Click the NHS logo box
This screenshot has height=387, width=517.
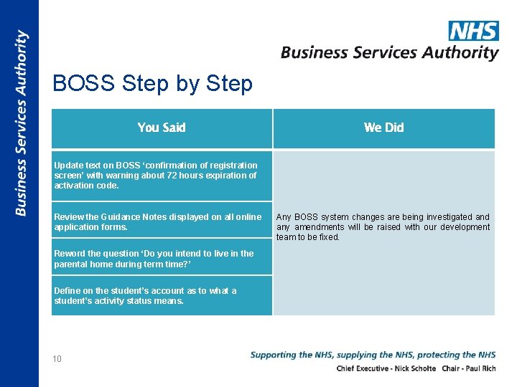point(473,31)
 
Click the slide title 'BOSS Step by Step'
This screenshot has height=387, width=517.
point(152,84)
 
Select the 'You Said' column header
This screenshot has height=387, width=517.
point(162,128)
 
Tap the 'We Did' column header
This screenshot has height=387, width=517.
point(383,128)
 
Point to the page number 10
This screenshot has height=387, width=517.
point(57,359)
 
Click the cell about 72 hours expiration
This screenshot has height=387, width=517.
point(162,175)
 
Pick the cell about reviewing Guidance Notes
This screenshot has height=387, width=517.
point(162,221)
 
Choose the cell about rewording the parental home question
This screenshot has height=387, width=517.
point(162,258)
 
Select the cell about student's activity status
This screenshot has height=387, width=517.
point(162,295)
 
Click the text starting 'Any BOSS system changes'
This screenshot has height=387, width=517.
point(383,226)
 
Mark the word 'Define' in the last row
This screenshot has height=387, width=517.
point(67,291)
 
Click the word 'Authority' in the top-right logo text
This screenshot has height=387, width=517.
point(463,52)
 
